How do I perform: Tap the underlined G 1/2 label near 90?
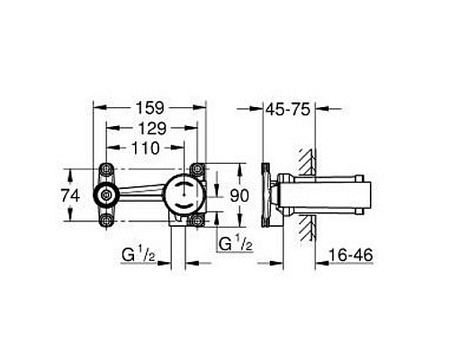(233, 244)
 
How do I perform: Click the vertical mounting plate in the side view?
(264, 193)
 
